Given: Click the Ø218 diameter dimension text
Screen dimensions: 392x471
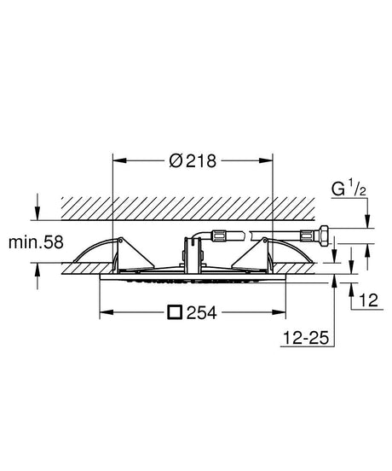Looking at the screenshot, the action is coord(193,161).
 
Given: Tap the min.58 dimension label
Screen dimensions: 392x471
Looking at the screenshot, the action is coord(36,242).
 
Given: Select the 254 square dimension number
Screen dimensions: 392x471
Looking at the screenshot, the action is coord(202,312).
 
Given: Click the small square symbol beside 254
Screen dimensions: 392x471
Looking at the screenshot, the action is coord(175,312).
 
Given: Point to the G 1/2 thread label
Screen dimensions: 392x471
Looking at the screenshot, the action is coord(349,189).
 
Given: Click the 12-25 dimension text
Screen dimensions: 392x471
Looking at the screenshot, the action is coord(306,338).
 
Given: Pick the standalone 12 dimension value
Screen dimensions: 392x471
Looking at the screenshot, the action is coord(369,300).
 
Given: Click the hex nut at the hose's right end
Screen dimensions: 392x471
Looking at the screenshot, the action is coord(324,235).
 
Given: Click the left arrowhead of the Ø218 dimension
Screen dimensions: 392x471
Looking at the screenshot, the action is coord(119,160).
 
